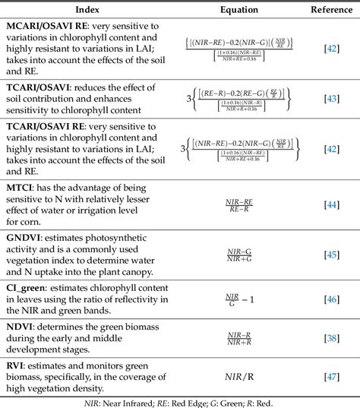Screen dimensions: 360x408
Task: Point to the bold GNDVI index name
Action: click(27, 238)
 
